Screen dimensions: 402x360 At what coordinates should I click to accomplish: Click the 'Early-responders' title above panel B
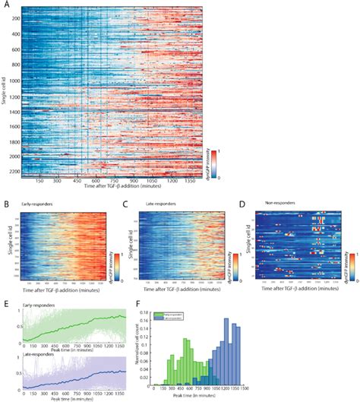pos(37,204)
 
